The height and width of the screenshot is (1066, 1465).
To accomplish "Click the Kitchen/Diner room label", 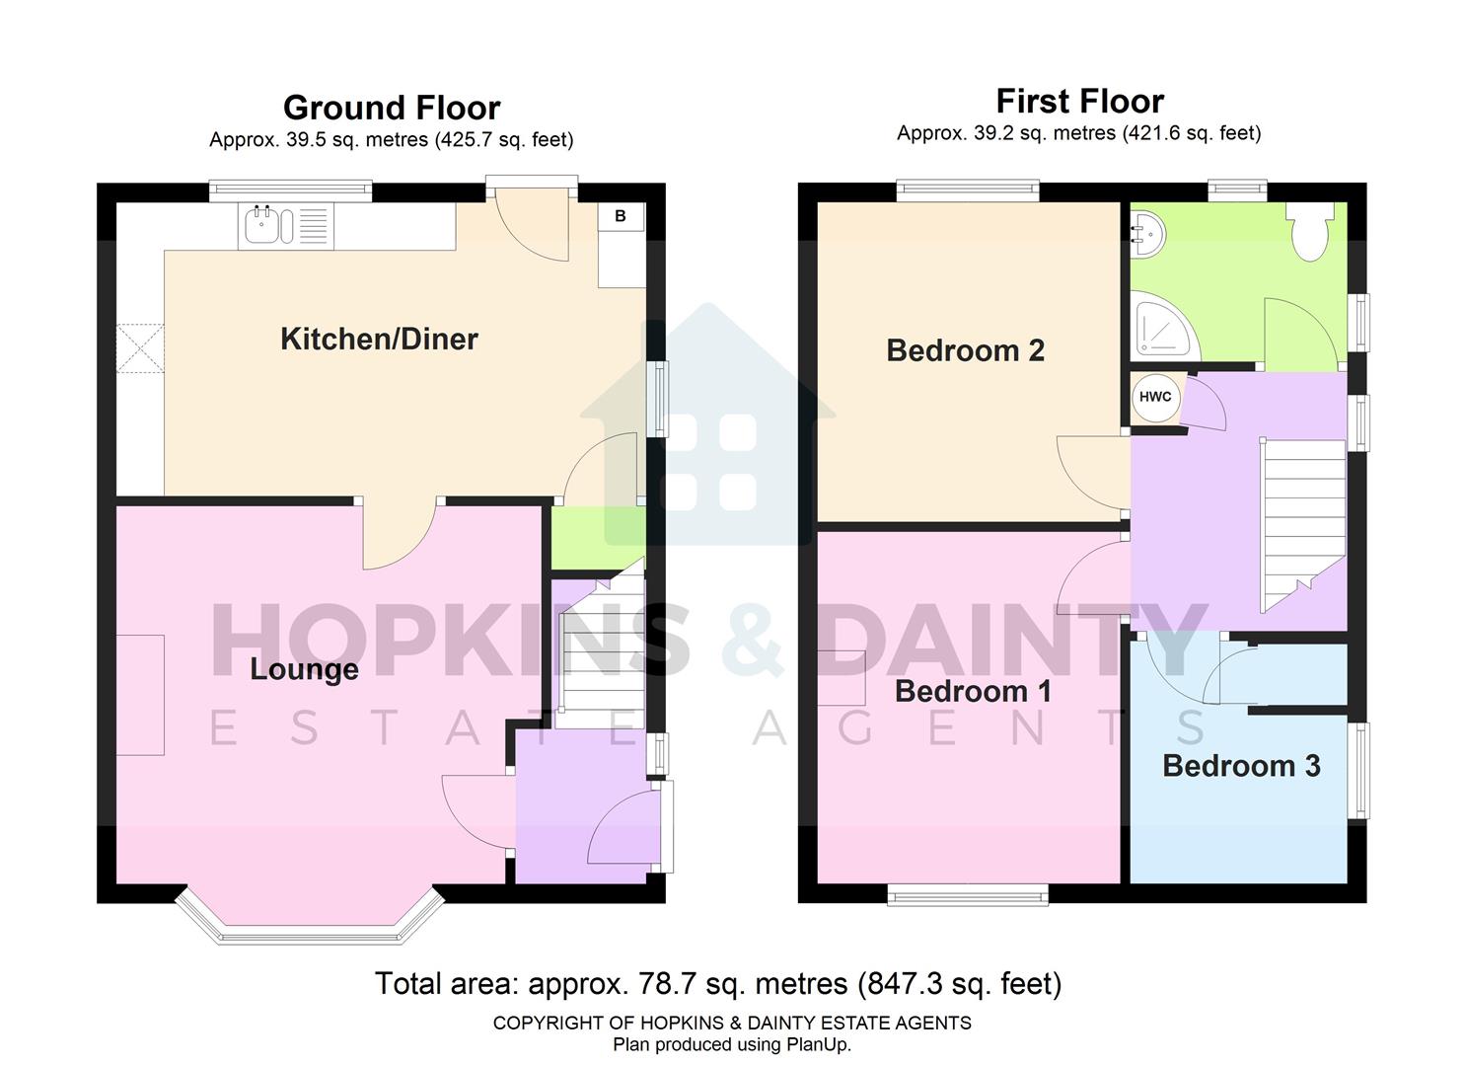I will (379, 340).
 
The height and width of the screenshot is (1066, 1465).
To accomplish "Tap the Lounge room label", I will (304, 669).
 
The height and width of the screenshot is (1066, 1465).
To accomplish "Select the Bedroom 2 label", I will (965, 350).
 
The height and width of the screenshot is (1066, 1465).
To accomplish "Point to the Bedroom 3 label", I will (1241, 766).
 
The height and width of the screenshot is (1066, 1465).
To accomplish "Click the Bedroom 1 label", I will (973, 691).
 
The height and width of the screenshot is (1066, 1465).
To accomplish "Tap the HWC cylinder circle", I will (1155, 397).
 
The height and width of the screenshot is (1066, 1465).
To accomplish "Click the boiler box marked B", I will (621, 216).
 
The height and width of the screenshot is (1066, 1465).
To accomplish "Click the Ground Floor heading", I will (392, 108).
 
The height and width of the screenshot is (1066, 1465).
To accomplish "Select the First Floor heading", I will (1079, 101).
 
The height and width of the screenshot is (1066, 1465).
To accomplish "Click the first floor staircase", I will (1302, 523).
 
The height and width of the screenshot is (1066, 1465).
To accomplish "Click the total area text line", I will (718, 984).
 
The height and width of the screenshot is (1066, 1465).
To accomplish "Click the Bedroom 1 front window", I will (967, 896).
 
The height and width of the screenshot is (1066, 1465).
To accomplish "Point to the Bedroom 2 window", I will (968, 190).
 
